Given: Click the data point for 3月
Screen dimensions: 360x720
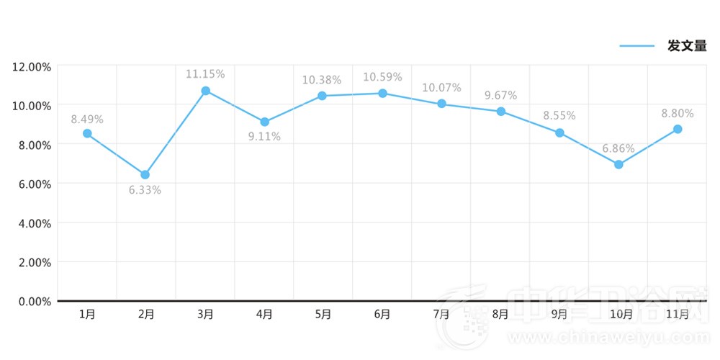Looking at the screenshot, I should [205, 91].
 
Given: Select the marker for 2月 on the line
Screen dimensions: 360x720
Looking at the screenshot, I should [145, 174].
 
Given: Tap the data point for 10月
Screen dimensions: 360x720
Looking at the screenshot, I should [618, 165].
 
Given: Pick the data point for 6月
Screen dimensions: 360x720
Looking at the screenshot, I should [382, 94].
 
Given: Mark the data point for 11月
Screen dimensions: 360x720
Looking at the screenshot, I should [678, 129].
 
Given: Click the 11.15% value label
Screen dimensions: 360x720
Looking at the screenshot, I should [205, 74].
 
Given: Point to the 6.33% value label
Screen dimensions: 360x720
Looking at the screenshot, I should [145, 191].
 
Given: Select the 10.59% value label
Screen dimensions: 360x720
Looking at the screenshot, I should [382, 77].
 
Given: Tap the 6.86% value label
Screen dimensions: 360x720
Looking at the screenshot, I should [618, 149].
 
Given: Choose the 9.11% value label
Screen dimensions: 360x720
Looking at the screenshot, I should [264, 137].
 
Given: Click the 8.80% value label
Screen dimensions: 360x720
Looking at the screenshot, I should [678, 113].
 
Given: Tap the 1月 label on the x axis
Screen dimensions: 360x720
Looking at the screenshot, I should [87, 314].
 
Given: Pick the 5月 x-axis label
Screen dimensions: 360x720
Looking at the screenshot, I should [323, 314].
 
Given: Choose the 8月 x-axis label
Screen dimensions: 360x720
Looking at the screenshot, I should [500, 314].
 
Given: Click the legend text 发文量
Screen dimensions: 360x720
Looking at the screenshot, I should [687, 46].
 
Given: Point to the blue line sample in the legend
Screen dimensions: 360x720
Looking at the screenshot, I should [637, 46].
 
